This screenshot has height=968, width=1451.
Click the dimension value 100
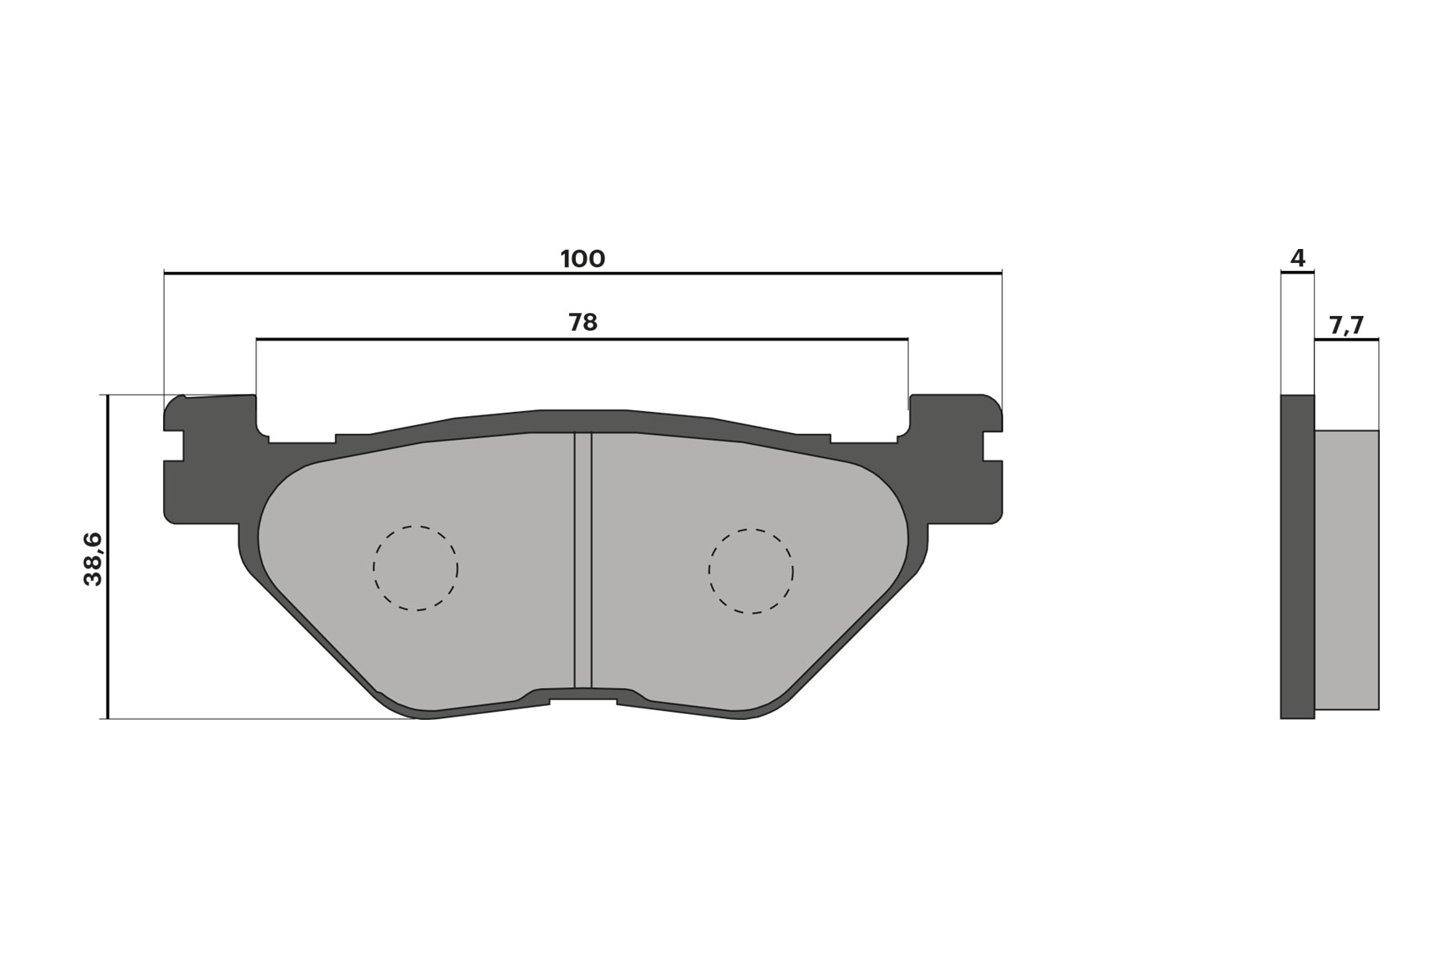pos(582,259)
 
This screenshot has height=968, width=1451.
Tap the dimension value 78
pos(583,323)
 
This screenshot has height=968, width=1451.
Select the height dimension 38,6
pos(93,559)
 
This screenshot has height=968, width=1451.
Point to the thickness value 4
pos(1297,259)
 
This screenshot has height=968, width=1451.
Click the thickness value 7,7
pos(1346,326)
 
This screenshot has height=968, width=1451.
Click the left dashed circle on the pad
pos(415,568)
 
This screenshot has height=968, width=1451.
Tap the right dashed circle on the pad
pos(751,572)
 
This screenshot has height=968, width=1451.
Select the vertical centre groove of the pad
pos(583,561)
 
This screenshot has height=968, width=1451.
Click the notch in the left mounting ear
pos(173,446)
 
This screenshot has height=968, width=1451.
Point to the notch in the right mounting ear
pos(993,446)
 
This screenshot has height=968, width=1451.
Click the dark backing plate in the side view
pos(1297,557)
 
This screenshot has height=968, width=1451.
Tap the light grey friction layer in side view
pos(1347,569)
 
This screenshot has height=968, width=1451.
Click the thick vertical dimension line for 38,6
pos(107,639)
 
